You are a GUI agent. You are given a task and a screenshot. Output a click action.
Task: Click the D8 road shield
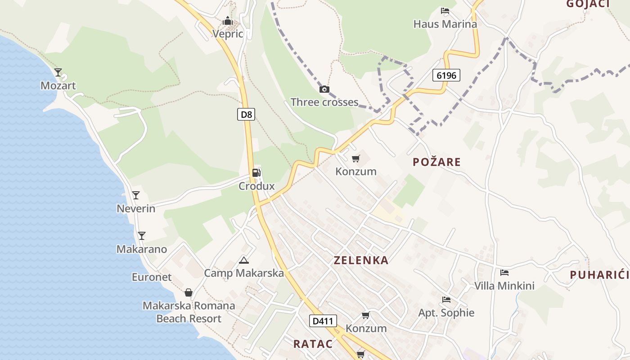coord(246,114)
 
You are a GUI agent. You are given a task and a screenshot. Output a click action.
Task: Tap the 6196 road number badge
coord(446,75)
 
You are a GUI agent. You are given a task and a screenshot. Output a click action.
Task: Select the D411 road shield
coord(323,321)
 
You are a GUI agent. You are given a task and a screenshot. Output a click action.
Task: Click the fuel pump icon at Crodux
coord(256,172)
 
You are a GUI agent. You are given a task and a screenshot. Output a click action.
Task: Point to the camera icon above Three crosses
coord(324,89)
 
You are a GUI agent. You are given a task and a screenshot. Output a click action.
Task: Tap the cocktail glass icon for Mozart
coord(58,72)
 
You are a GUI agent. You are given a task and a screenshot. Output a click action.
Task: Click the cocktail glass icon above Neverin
coord(135,195)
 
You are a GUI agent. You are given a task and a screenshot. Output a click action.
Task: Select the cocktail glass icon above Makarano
coord(141,235)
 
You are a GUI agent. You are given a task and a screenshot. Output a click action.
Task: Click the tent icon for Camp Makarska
coord(244,260)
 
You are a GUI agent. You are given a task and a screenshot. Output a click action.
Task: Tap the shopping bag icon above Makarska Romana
coord(189,292)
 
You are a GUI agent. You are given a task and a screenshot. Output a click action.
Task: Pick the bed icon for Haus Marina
coord(445,11)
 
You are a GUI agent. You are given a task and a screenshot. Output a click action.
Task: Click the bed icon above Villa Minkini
coord(504,272)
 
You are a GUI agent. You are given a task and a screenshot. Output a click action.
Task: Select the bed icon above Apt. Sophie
coord(446,299)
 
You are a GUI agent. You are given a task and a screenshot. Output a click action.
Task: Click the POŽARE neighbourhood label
coord(436,162)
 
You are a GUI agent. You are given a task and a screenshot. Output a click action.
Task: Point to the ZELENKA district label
coord(361,260)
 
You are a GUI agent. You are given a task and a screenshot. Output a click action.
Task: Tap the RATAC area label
coord(313,344)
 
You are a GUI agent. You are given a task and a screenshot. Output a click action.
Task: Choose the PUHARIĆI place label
coord(599,275)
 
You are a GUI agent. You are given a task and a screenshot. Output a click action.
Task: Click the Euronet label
coord(152,277)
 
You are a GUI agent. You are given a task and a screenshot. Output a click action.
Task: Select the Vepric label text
coord(228,34)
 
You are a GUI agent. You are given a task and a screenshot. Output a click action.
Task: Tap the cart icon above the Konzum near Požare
coord(355,158)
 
